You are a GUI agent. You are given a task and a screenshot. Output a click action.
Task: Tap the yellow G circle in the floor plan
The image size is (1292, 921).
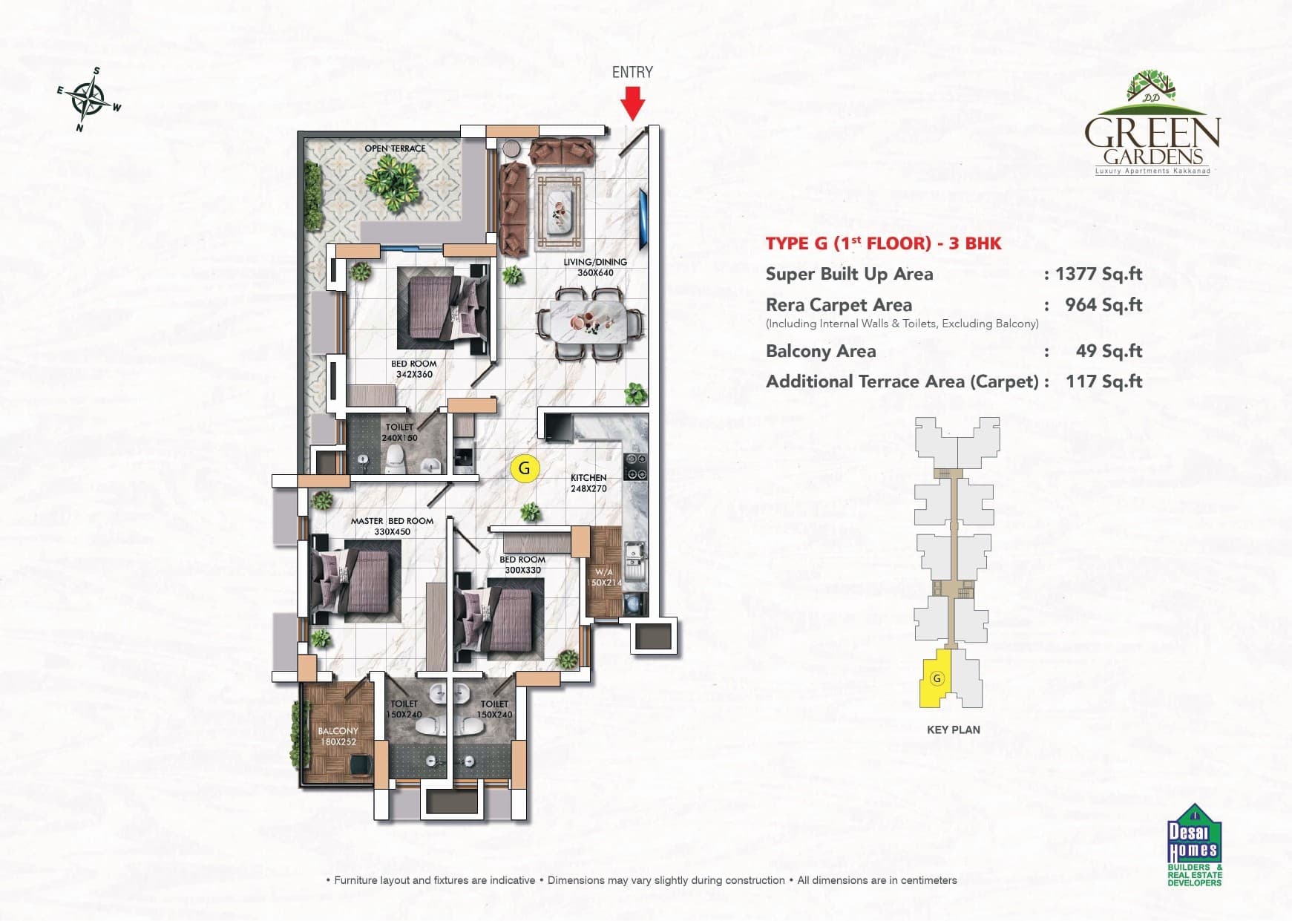[x=525, y=468]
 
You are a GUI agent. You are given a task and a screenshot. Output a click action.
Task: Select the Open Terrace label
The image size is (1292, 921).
[x=395, y=148]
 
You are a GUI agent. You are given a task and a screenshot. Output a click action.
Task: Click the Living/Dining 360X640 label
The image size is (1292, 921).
[x=595, y=267]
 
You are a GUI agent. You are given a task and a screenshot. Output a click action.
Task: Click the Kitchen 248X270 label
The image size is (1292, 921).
[x=588, y=483]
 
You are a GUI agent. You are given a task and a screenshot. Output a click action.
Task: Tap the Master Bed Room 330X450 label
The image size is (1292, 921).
[x=392, y=526]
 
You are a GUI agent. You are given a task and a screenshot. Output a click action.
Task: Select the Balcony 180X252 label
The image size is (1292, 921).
[x=338, y=736]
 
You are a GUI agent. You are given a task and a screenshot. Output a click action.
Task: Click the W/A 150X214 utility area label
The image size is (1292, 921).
[x=603, y=577]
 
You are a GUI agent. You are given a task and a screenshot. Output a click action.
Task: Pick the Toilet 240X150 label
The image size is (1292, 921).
[x=399, y=432]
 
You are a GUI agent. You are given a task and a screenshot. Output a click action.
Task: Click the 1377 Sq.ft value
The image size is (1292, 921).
[x=1098, y=274]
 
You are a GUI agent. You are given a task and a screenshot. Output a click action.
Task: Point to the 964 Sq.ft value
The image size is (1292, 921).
[x=1103, y=305]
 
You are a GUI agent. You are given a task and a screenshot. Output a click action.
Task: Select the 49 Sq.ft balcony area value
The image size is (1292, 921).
[x=1109, y=351]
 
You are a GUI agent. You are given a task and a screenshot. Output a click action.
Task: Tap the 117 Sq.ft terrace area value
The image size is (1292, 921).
[x=1104, y=381]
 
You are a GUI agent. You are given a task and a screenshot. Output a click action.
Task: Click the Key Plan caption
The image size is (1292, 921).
[x=953, y=730]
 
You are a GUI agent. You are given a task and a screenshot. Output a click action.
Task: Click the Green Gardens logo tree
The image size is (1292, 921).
[x=1151, y=85]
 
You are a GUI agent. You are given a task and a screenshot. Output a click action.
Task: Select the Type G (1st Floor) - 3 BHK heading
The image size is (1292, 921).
[x=883, y=243]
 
